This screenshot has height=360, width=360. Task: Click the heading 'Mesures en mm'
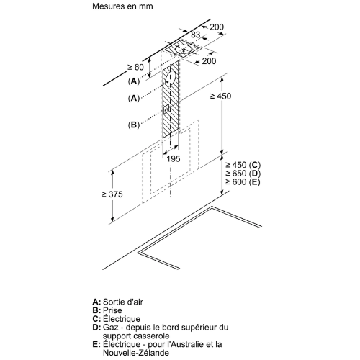pyautogui.click(x=122, y=6)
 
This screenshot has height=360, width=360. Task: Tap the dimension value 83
pyautogui.click(x=195, y=35)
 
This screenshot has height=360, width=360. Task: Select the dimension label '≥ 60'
pyautogui.click(x=135, y=68)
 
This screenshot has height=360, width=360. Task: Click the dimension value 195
pyautogui.click(x=174, y=158)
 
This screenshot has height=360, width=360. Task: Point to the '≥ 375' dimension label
pyautogui.click(x=112, y=194)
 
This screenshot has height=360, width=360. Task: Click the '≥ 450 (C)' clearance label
pyautogui.click(x=243, y=165)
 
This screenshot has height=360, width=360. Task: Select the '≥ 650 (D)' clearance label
pyautogui.click(x=243, y=174)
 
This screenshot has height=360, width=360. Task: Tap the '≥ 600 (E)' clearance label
pyautogui.click(x=243, y=182)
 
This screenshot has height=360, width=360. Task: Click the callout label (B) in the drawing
pyautogui.click(x=134, y=125)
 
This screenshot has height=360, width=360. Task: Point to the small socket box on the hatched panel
pyautogui.click(x=166, y=109)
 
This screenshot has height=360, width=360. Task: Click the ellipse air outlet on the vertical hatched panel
pyautogui.click(x=170, y=78)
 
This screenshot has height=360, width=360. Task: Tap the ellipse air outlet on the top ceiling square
pyautogui.click(x=183, y=49)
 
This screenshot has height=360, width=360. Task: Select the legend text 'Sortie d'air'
pyautogui.click(x=123, y=302)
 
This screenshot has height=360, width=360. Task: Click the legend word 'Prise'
pyautogui.click(x=112, y=310)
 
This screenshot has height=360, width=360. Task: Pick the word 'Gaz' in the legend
pyautogui.click(x=111, y=328)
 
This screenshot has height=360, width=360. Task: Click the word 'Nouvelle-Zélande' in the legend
pyautogui.click(x=136, y=353)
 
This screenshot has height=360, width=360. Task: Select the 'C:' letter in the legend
pyautogui.click(x=96, y=319)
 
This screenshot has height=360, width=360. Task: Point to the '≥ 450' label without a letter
pyautogui.click(x=220, y=96)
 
